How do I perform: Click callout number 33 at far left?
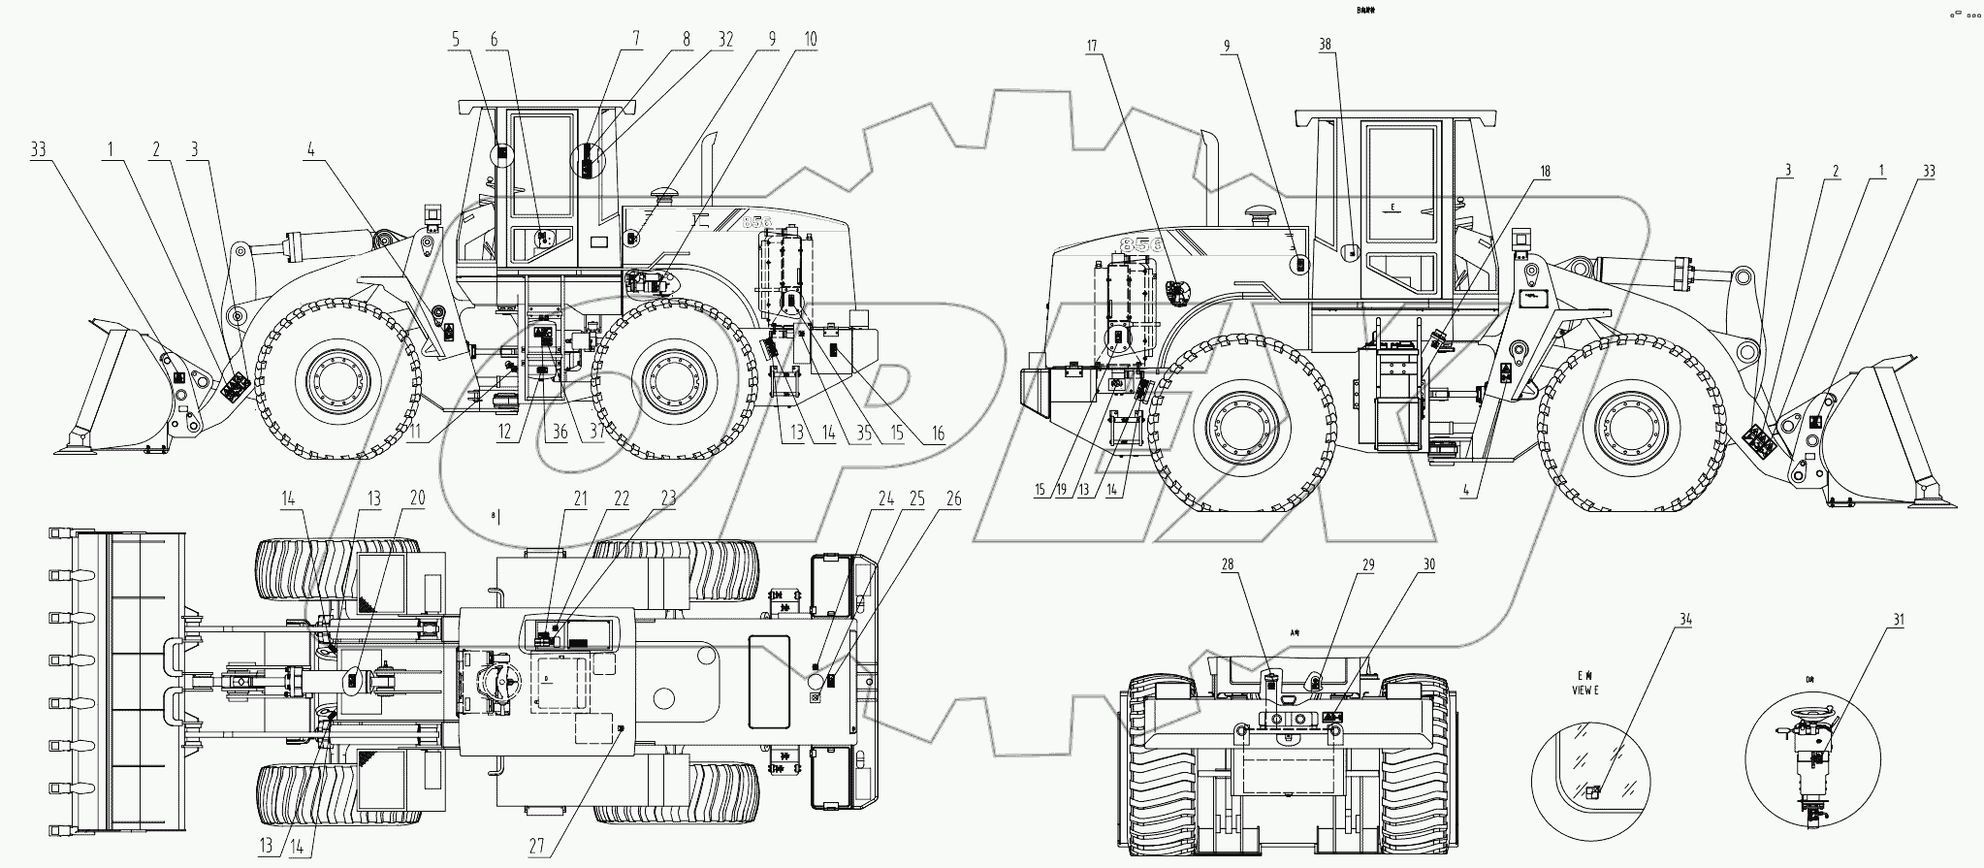[39, 150]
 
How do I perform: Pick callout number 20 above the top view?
[417, 498]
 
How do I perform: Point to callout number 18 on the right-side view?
[1545, 171]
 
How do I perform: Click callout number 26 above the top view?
[953, 498]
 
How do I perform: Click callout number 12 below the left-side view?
[504, 434]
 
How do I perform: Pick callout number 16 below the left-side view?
[936, 434]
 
